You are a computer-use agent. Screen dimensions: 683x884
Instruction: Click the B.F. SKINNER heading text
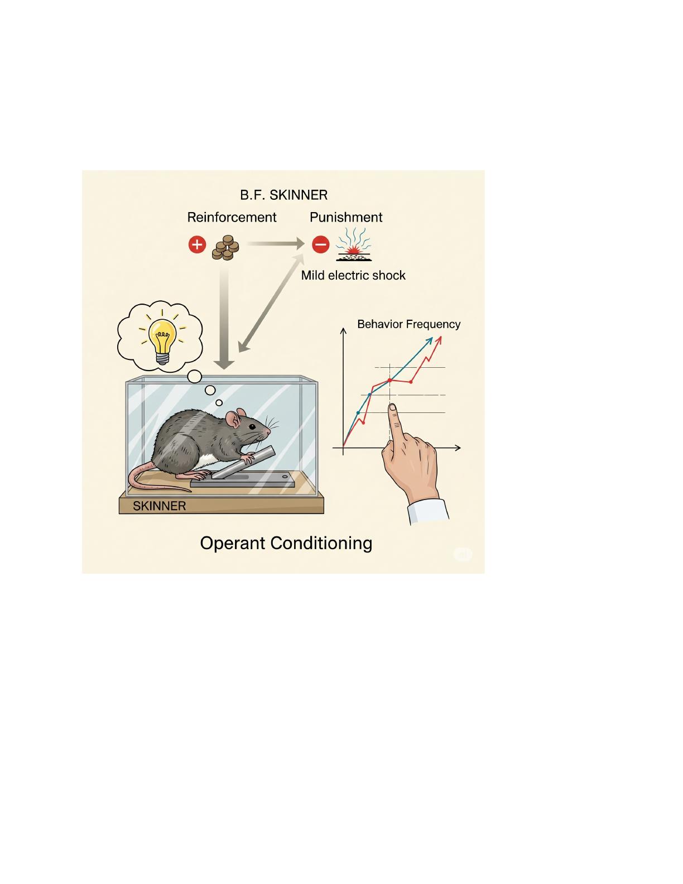(x=283, y=195)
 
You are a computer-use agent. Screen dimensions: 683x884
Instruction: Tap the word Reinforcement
(x=232, y=217)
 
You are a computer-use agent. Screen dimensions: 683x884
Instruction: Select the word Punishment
(x=346, y=217)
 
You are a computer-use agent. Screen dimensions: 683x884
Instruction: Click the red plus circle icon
(x=198, y=245)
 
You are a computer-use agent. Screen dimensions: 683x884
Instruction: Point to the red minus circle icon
(x=320, y=244)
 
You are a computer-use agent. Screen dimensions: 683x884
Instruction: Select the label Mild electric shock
(x=353, y=275)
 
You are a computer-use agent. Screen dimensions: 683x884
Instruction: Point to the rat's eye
(x=252, y=427)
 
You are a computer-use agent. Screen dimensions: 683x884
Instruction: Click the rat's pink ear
(x=233, y=419)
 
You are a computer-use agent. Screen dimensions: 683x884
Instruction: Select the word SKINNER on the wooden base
(x=160, y=506)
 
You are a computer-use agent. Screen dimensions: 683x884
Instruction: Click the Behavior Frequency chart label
(x=408, y=324)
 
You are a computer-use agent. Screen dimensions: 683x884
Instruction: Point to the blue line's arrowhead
(x=429, y=341)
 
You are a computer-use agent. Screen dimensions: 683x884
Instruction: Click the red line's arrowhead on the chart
(x=439, y=341)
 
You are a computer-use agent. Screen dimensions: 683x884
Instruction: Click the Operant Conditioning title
(x=286, y=544)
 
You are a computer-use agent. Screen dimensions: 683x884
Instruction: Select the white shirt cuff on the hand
(x=428, y=511)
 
